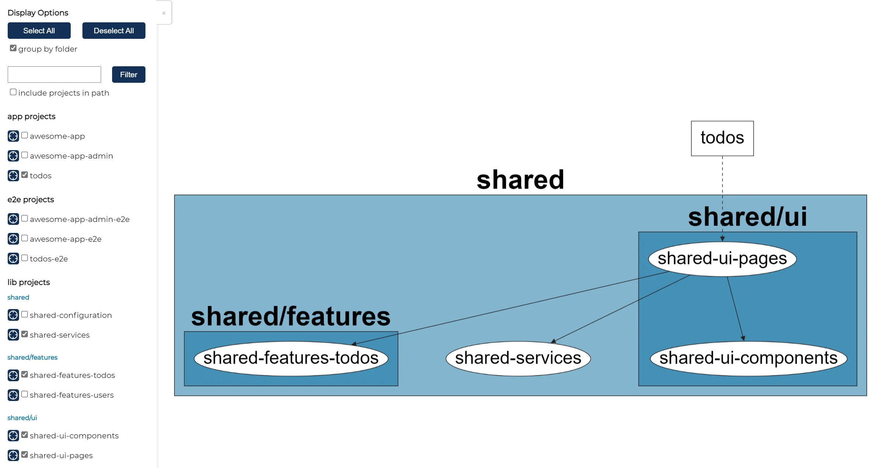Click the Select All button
(39, 30)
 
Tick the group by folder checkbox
(13, 48)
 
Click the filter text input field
(54, 74)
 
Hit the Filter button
(129, 74)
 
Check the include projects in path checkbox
(13, 92)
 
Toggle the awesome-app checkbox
(25, 135)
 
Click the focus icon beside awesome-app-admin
(13, 156)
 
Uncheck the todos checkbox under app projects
(25, 175)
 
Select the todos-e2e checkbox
(25, 258)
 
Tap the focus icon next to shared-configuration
(13, 315)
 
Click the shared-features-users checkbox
(25, 394)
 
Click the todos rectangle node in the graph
(722, 138)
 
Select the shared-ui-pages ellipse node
(722, 259)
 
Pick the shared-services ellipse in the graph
(518, 359)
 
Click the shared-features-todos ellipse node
(291, 359)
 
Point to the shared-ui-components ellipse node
(748, 359)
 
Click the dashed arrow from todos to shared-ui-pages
(722, 199)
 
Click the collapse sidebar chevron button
(164, 13)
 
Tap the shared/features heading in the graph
(291, 316)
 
